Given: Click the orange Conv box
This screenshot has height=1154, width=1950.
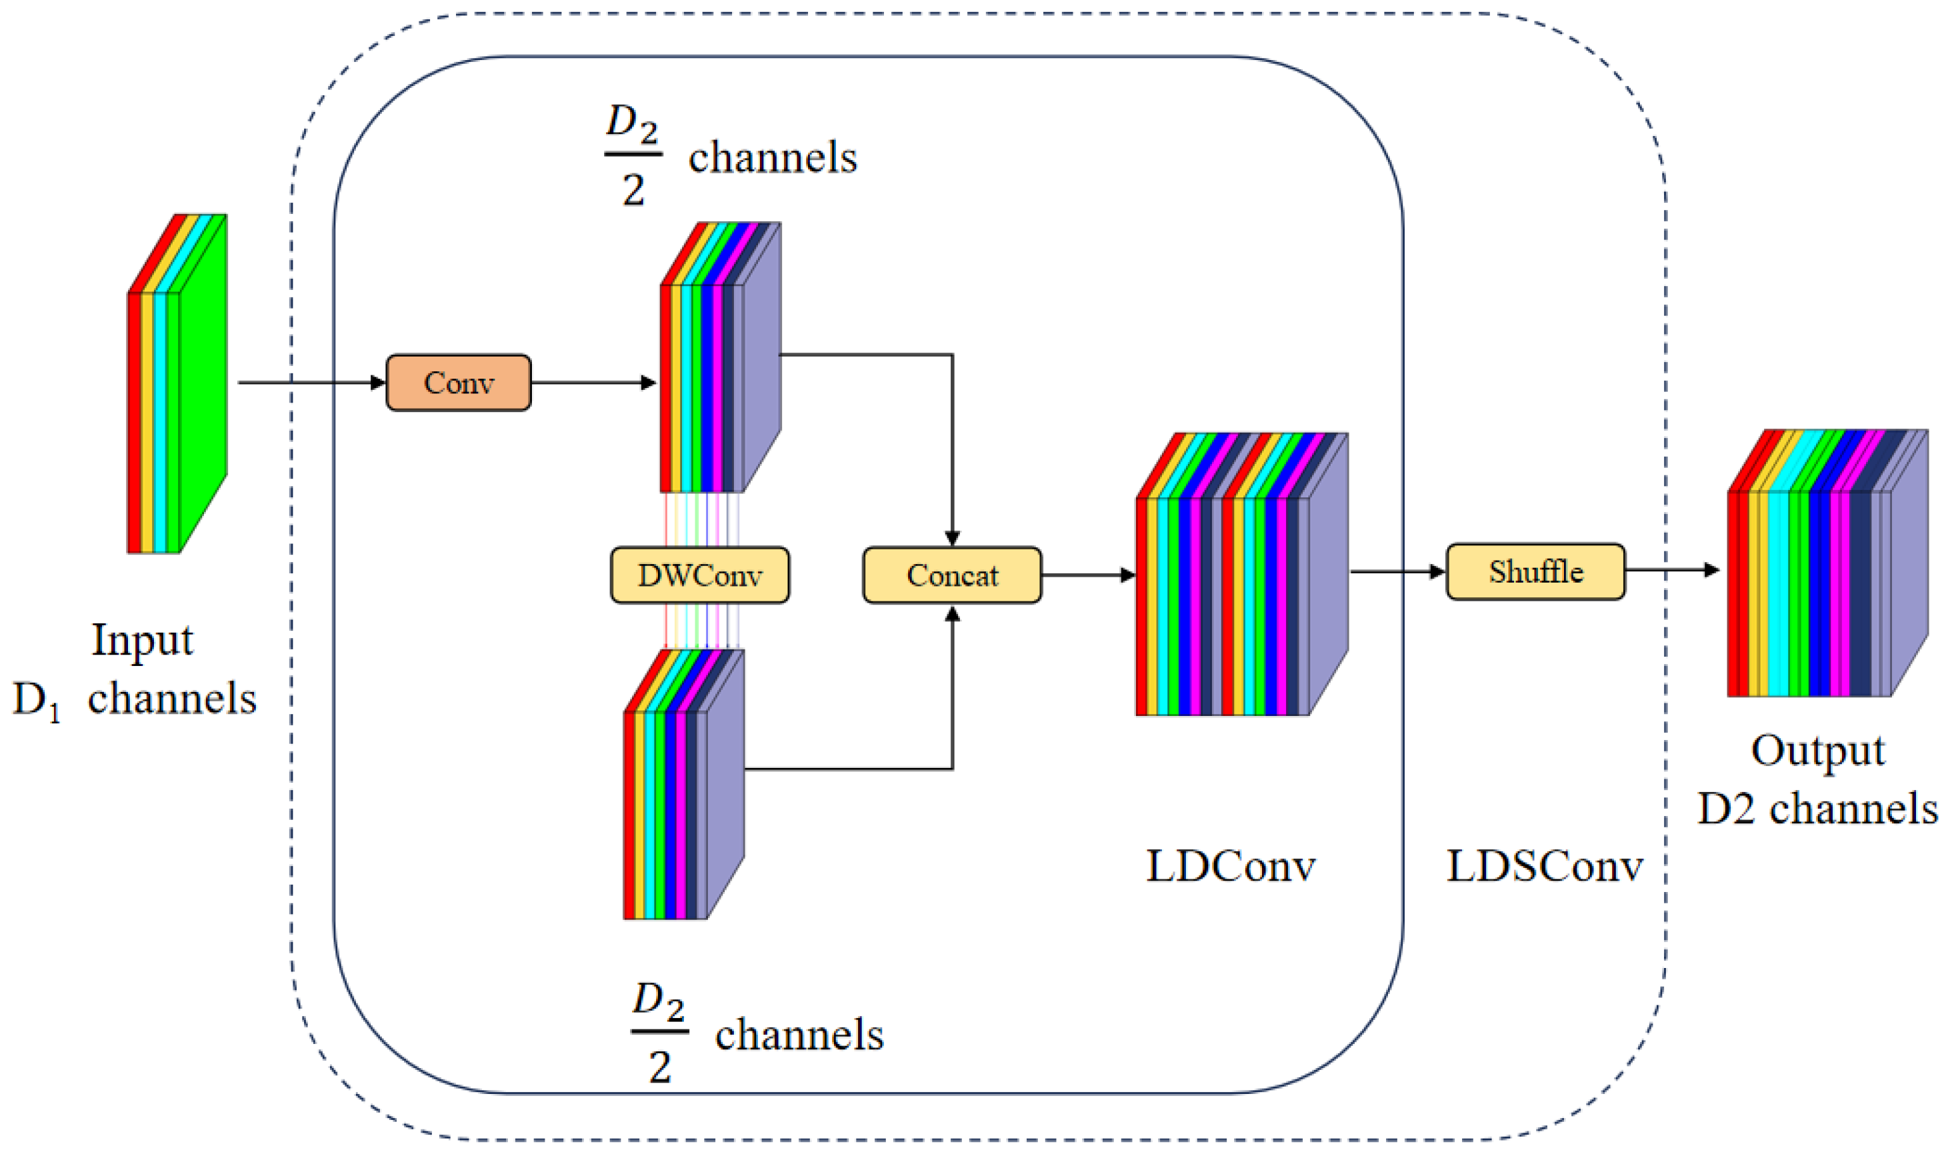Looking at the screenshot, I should point(459,383).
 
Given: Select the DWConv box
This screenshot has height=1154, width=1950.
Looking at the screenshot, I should point(700,575).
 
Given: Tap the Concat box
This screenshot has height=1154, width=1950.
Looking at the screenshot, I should point(952,575).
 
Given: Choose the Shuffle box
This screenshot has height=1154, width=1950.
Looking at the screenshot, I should point(1535,571).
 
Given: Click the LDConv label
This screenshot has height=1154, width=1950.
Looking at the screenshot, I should point(1231,865).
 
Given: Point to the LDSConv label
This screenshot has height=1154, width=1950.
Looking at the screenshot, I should point(1544,865).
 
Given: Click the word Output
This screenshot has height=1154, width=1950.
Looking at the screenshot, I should point(1818,751).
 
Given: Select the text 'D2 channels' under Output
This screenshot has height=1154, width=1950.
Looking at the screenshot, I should point(1818,809).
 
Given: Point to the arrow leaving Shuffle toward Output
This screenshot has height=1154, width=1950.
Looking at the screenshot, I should point(1671,570).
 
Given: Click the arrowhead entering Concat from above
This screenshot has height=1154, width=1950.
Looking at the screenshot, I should point(953,538).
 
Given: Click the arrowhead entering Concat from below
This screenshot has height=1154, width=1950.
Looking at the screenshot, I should point(953,614).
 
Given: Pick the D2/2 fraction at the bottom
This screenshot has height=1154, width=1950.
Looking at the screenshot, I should point(659,1032).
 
